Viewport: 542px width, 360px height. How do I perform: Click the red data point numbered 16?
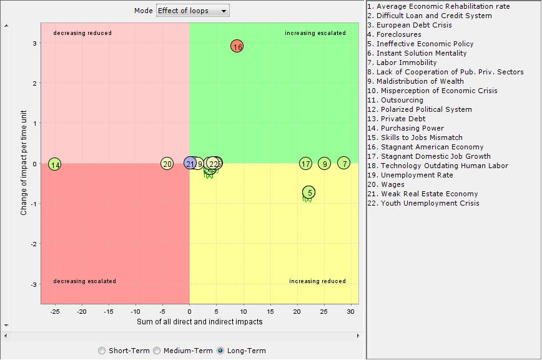237,46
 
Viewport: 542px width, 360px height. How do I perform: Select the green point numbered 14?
55,165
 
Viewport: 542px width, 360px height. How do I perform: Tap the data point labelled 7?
344,163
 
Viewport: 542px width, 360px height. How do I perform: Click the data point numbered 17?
305,164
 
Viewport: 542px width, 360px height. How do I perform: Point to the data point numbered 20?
167,164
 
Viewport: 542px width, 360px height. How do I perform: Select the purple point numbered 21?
190,163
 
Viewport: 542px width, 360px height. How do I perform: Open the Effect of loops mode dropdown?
192,11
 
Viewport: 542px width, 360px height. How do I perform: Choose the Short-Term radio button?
102,351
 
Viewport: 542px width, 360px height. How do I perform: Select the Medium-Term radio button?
157,351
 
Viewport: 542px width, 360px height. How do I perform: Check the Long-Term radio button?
220,351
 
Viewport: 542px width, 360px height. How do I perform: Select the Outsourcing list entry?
400,100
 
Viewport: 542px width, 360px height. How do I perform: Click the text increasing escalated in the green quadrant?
315,33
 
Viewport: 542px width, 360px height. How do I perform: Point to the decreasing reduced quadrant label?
82,33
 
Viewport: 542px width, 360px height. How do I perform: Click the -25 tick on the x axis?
55,311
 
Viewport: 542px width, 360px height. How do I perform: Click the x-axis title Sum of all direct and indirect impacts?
200,322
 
